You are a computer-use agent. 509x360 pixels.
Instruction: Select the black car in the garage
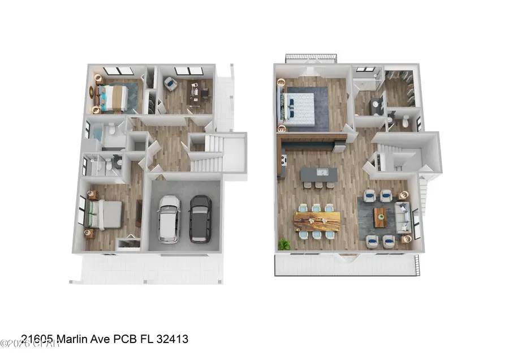point(200,218)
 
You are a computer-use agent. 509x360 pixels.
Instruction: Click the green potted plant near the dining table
point(284,244)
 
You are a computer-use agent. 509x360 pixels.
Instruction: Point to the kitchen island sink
point(320,172)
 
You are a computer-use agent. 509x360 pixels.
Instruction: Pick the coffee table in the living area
point(380,216)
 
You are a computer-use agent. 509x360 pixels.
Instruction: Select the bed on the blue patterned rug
point(115,96)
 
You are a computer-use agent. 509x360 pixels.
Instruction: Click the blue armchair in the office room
point(171,84)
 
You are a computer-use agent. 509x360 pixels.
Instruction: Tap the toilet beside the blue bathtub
point(111,130)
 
